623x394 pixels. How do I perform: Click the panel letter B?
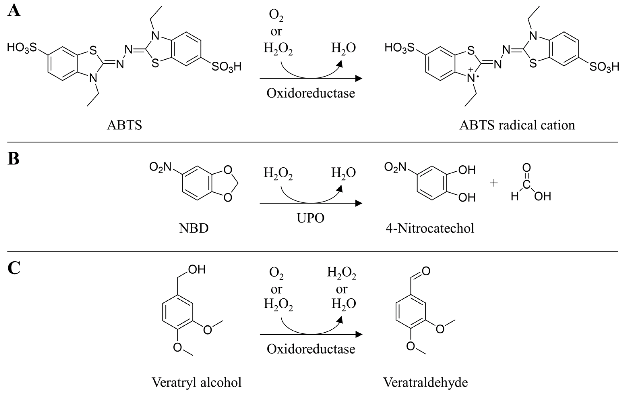pyautogui.click(x=13, y=159)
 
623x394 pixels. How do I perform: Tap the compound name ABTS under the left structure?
pyautogui.click(x=124, y=125)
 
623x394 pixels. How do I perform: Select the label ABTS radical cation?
pyautogui.click(x=517, y=125)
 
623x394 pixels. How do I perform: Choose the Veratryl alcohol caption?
pyautogui.click(x=196, y=382)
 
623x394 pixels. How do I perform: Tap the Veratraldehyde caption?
pyautogui.click(x=425, y=382)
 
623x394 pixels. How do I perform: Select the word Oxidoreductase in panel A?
pyautogui.click(x=311, y=93)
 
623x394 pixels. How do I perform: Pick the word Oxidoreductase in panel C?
pyautogui.click(x=311, y=349)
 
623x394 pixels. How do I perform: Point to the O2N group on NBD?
pyautogui.click(x=160, y=167)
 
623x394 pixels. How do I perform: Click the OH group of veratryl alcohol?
pyautogui.click(x=197, y=270)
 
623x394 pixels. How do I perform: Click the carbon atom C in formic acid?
pyautogui.click(x=526, y=185)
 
